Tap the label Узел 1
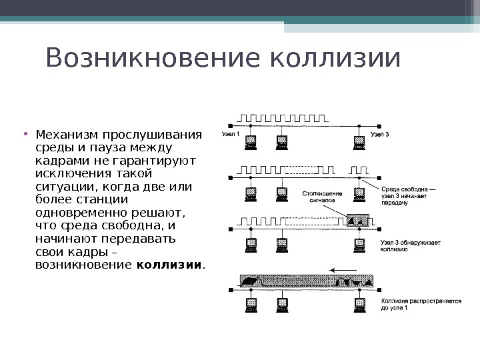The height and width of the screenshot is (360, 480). pos(230,135)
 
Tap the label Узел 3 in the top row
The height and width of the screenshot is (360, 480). pos(379,135)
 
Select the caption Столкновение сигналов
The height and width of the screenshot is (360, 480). pos(322,197)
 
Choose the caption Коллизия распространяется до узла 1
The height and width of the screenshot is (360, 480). pos(420,304)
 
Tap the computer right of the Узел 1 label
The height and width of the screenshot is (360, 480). pos(251,141)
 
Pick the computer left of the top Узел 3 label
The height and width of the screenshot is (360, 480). pos(360,141)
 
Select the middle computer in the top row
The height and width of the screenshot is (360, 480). pos(282,141)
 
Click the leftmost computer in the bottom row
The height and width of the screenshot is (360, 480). pos(251,305)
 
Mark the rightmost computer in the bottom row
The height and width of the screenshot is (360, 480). pos(360,305)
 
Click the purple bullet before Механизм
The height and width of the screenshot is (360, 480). pos(25,132)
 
